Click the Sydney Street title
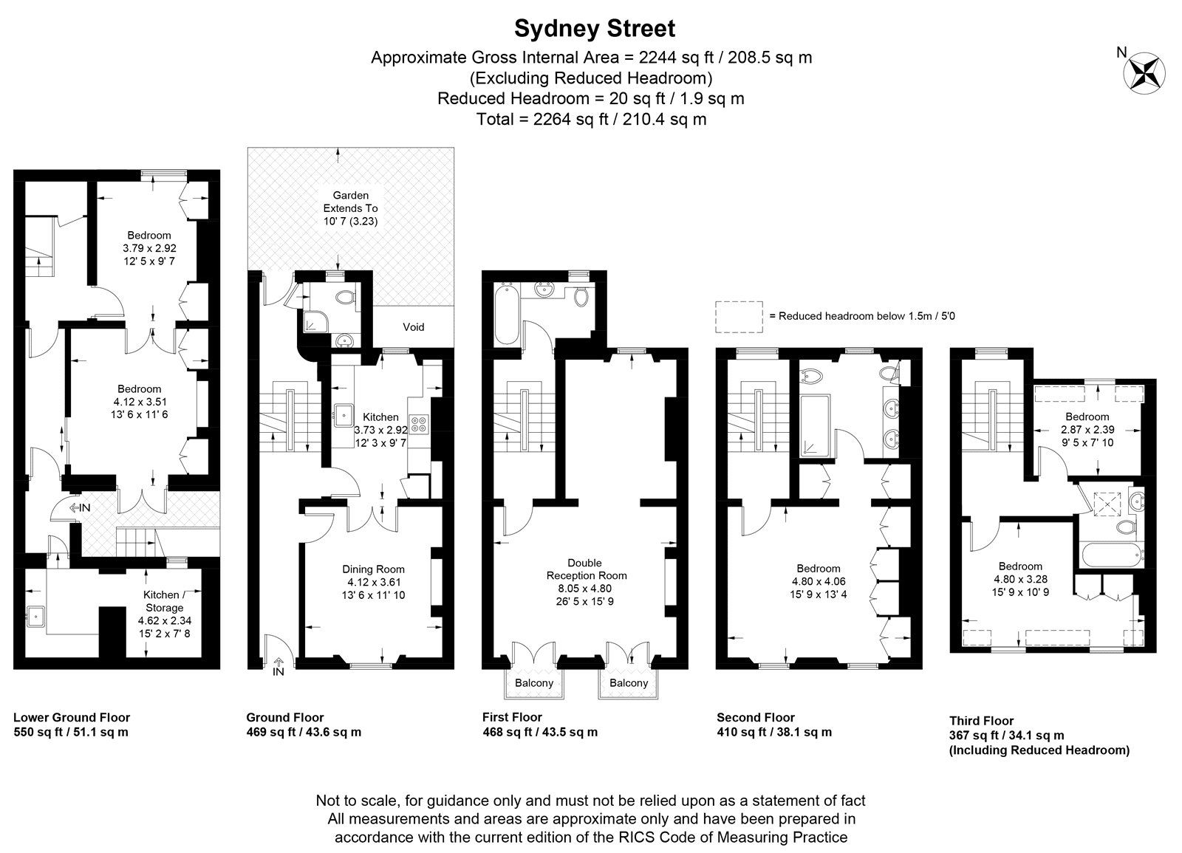pyautogui.click(x=594, y=29)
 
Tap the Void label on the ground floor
pyautogui.click(x=414, y=327)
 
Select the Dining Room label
pyautogui.click(x=373, y=569)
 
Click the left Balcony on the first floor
pyautogui.click(x=533, y=683)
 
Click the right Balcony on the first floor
pyautogui.click(x=628, y=683)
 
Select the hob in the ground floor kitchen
pyautogui.click(x=420, y=424)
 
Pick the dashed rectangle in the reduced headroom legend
pyautogui.click(x=739, y=315)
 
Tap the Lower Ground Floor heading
pyautogui.click(x=72, y=717)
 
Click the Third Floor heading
pyautogui.click(x=981, y=721)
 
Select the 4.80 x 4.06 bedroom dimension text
pyautogui.click(x=818, y=581)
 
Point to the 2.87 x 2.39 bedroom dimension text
pyautogui.click(x=1087, y=429)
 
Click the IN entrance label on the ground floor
pyautogui.click(x=278, y=671)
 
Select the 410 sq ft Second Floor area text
pyautogui.click(x=774, y=733)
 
